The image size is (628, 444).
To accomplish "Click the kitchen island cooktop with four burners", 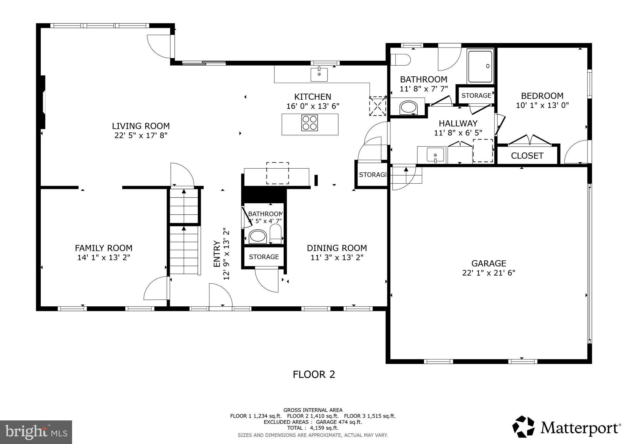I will tap(309, 123).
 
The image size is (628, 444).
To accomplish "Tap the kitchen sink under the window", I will tap(319, 74).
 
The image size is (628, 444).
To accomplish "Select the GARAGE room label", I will tap(488, 263).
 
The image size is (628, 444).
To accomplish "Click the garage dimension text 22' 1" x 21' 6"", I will tap(488, 273).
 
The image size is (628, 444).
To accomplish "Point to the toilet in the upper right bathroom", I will tap(400, 60).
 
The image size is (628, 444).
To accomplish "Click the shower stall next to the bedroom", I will tap(480, 67).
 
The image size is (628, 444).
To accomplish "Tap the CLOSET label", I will tap(527, 156).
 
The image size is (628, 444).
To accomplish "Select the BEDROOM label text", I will tap(542, 96).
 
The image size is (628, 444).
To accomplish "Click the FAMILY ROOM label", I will tap(104, 248).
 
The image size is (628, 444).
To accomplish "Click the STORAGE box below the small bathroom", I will tap(264, 257).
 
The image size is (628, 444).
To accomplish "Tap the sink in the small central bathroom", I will tap(258, 236).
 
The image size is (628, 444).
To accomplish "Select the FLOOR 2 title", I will tap(314, 374).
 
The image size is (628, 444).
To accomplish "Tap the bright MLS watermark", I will tap(36, 432).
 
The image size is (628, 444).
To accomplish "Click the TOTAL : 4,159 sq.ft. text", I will tap(312, 428).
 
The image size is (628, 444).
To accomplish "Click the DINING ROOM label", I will tap(337, 248).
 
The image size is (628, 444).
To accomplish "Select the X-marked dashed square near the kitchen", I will tap(377, 106).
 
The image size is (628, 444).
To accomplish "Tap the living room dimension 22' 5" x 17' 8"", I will tap(141, 135).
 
